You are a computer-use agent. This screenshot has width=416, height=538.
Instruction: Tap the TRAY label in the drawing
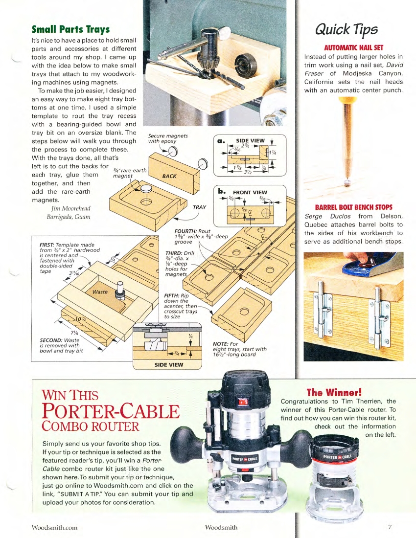[199, 207]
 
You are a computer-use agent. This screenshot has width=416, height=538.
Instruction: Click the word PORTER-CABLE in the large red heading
[112, 410]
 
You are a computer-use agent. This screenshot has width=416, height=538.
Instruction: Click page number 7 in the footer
[390, 527]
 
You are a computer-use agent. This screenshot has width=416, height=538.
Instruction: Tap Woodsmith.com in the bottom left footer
[54, 527]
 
